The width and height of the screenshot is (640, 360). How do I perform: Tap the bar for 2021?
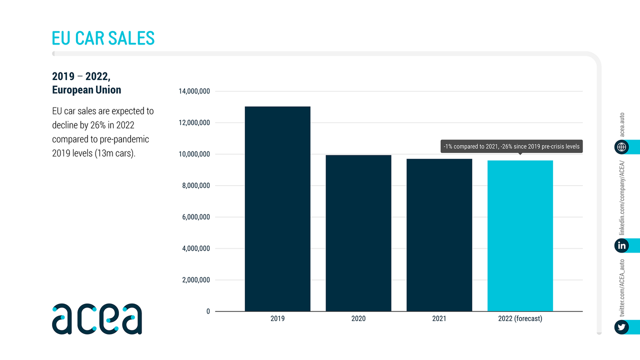(x=439, y=235)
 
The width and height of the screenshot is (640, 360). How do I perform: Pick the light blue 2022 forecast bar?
(x=520, y=235)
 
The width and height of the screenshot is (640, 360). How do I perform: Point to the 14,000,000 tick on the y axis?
(x=194, y=91)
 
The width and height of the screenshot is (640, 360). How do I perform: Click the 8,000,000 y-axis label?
(x=194, y=186)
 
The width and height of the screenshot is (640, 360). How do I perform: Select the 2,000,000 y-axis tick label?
(x=194, y=280)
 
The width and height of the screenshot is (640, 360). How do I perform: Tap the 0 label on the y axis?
(x=208, y=311)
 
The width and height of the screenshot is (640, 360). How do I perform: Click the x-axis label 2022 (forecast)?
(x=520, y=318)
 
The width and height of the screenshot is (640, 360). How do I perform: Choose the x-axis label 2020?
(x=358, y=318)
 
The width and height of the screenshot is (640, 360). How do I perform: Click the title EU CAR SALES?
(x=103, y=38)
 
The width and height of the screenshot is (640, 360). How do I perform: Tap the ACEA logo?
(x=97, y=318)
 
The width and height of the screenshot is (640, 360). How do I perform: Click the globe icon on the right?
(x=621, y=147)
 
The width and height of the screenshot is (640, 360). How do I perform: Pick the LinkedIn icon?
(x=621, y=245)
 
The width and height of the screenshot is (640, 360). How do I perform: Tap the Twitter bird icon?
(x=621, y=327)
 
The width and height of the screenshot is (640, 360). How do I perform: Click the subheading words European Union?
(x=86, y=90)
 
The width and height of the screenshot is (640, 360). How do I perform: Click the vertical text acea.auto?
(x=622, y=124)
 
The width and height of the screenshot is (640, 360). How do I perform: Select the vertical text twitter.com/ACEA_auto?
(x=622, y=287)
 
